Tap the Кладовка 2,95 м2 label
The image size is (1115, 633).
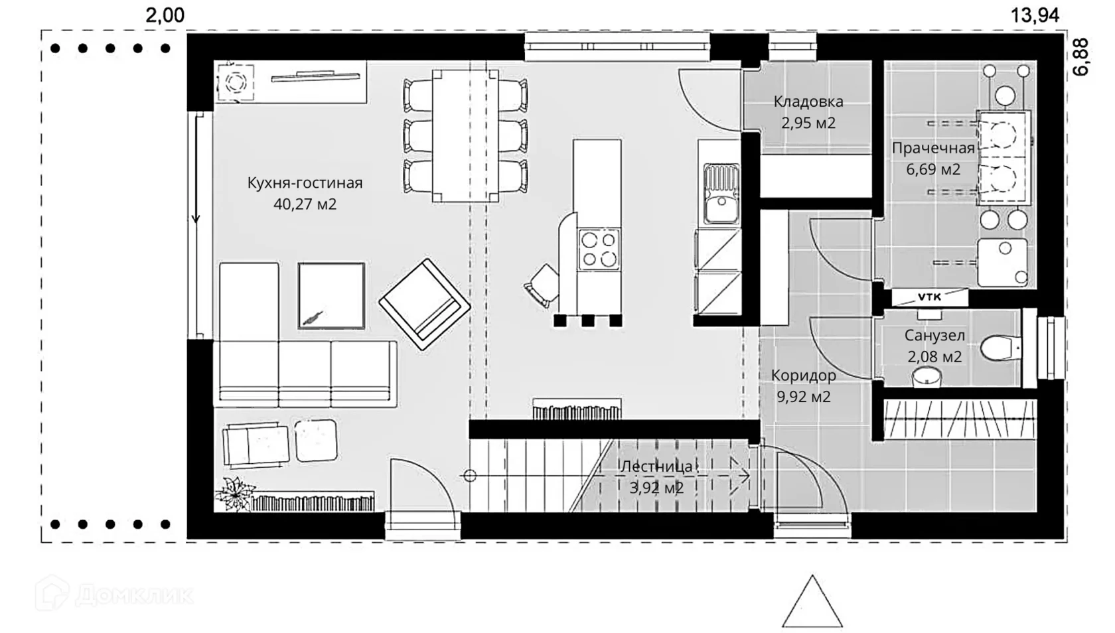click(x=808, y=112)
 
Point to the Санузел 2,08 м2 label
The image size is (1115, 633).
click(x=934, y=346)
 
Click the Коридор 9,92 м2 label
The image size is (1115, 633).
click(x=803, y=386)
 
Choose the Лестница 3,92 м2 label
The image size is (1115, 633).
click(x=656, y=477)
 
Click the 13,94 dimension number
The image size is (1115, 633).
click(x=1035, y=15)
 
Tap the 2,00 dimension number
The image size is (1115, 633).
click(x=165, y=15)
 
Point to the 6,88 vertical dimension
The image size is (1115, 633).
click(x=1081, y=57)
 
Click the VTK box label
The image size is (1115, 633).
click(x=929, y=297)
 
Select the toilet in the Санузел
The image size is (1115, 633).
click(x=1001, y=348)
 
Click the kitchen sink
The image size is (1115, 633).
click(x=721, y=194)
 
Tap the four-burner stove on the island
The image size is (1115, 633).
click(x=599, y=249)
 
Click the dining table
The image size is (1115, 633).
click(x=465, y=136)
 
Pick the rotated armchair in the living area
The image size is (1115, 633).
click(x=425, y=305)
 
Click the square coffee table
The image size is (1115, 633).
click(x=332, y=296)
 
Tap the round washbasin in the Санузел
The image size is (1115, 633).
click(x=927, y=376)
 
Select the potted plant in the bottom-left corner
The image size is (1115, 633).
click(x=235, y=494)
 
